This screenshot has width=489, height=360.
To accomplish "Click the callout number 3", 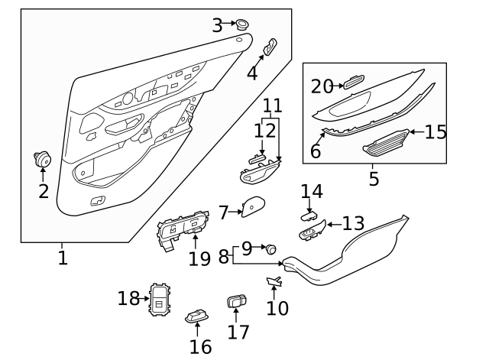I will [217, 25].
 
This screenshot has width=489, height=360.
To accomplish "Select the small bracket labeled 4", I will [270, 48].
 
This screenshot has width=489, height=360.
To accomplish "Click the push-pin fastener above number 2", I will [42, 160].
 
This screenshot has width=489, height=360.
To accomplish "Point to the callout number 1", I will [63, 258].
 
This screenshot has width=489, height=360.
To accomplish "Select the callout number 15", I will [436, 132].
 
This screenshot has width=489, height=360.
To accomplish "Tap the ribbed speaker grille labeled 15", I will [387, 141].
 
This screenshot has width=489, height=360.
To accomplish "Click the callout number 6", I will [316, 151].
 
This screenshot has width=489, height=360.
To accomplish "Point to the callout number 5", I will [374, 180].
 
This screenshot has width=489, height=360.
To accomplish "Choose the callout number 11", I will [272, 105].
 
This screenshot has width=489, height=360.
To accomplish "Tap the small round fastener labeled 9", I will [270, 248].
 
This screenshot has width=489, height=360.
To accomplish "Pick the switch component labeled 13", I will [313, 231].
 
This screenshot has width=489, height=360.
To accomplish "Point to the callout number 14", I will [312, 190].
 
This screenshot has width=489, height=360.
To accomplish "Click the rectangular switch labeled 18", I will [159, 299].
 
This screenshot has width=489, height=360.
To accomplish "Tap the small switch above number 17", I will [237, 301].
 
